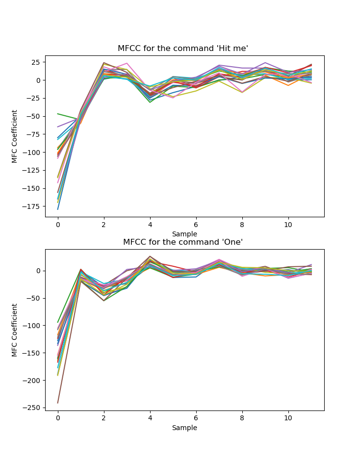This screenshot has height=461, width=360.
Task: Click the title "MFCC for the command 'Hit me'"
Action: (183, 49)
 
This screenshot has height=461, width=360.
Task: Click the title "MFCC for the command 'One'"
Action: (183, 242)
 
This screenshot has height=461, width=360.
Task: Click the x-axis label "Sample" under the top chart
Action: (184, 234)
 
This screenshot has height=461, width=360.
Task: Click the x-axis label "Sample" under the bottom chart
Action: (184, 428)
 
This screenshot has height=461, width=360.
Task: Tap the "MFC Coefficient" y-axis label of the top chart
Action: (15, 136)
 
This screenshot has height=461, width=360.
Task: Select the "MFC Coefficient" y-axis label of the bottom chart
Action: (15, 330)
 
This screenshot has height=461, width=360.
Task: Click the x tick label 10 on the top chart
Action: (288, 224)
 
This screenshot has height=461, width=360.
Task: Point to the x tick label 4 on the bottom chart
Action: (150, 418)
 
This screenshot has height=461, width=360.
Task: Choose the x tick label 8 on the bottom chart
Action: (242, 418)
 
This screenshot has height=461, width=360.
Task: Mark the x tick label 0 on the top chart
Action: (58, 224)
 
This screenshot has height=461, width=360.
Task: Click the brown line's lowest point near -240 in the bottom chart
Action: (58, 403)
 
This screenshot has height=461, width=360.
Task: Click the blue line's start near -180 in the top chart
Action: (58, 209)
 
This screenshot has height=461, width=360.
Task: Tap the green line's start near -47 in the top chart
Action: (58, 114)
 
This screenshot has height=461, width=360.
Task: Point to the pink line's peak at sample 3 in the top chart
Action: (127, 63)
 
